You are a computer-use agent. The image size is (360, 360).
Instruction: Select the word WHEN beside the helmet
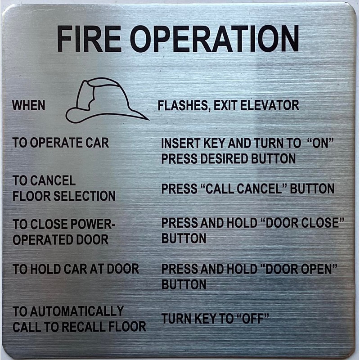click(28, 106)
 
